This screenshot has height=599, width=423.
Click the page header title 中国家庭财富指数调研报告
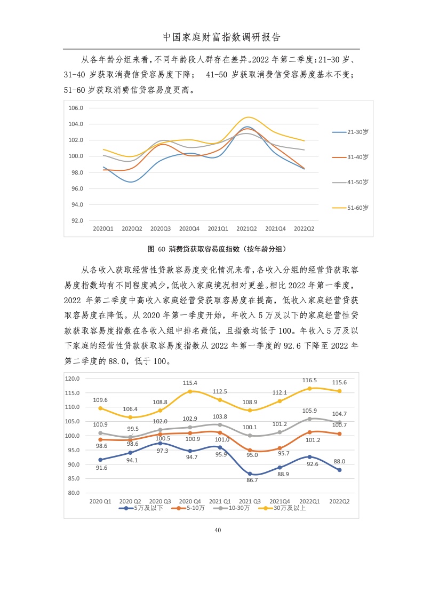click(221, 37)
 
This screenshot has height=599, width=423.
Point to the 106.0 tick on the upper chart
click(77, 108)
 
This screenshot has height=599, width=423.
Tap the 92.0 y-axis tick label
click(77, 220)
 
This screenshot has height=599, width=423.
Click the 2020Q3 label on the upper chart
click(161, 228)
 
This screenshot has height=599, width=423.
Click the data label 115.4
click(190, 383)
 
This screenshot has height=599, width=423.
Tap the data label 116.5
click(309, 380)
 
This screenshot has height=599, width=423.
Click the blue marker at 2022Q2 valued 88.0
click(339, 470)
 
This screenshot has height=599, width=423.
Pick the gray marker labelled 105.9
click(310, 419)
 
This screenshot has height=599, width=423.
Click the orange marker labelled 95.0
click(250, 450)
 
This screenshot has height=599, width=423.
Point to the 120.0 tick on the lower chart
click(72, 379)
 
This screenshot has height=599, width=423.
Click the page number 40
click(217, 530)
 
